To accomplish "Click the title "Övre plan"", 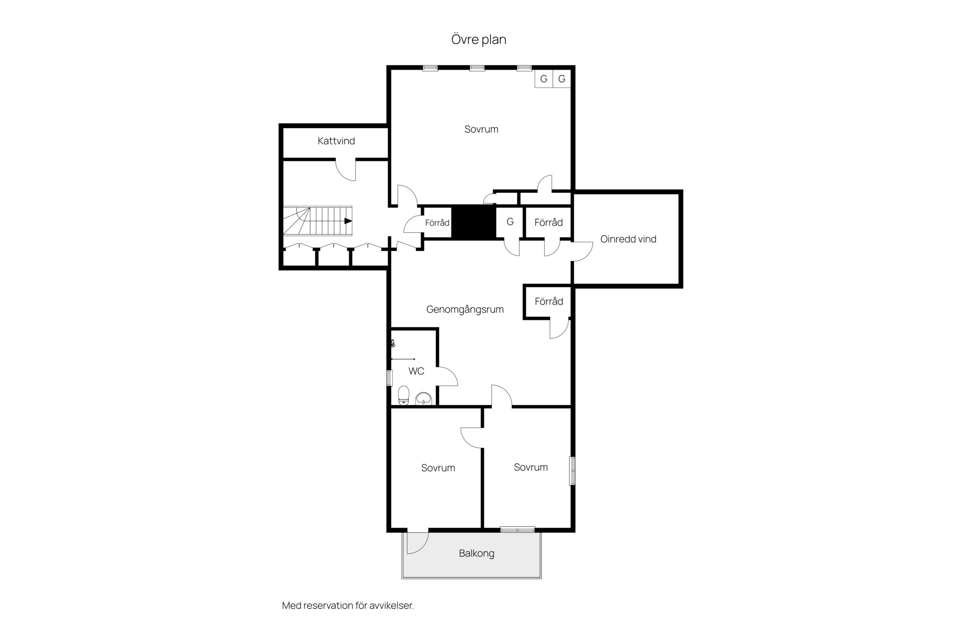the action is click(478, 40).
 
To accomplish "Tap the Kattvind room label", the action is click(336, 141).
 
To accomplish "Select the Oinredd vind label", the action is click(628, 239).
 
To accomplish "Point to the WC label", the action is click(416, 371).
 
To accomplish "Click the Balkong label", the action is click(476, 553).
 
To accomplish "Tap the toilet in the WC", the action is click(404, 396).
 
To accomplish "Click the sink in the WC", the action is click(424, 399).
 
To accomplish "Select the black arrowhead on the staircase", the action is click(348, 221).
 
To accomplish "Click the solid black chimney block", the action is click(474, 222).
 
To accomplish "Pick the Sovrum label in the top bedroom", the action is click(482, 129).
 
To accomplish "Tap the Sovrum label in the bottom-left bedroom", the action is click(438, 468).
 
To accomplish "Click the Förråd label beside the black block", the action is click(437, 223).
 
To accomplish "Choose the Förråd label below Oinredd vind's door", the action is click(549, 301).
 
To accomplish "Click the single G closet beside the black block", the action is click(510, 222).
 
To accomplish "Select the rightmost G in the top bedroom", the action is click(562, 79).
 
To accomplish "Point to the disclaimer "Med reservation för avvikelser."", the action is click(348, 605).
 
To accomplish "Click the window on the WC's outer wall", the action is click(389, 378).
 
